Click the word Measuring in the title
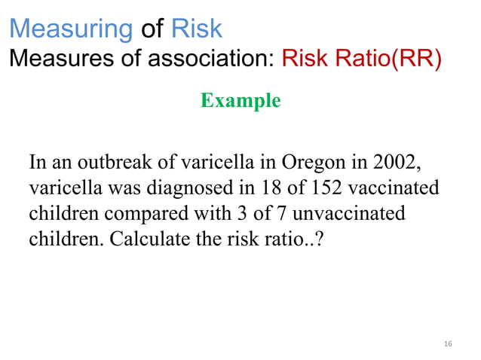(71, 29)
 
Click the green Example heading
(240, 100)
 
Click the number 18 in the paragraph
(269, 188)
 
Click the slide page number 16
(448, 344)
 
